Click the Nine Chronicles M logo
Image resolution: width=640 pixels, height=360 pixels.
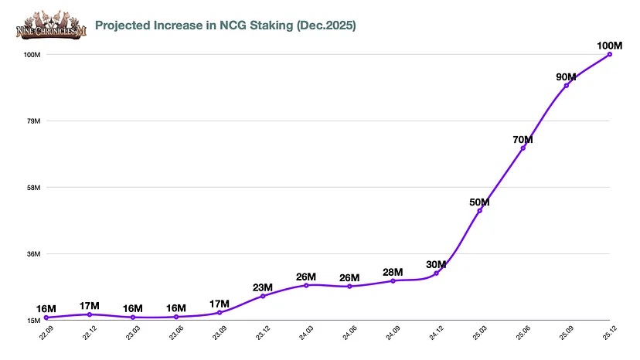coord(51,25)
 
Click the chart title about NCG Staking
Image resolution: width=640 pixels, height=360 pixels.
coord(225,25)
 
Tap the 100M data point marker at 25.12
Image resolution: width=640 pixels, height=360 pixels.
coord(610,54)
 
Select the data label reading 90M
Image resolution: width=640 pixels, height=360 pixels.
coord(566,76)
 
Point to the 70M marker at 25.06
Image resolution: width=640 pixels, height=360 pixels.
coord(523,148)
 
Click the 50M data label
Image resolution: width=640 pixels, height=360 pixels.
coord(479,202)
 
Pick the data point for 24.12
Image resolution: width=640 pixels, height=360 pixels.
coord(436,273)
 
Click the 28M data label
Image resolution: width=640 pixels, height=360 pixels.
coord(393,272)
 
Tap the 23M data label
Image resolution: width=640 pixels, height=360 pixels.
coord(263,287)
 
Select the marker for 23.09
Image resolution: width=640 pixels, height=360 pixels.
coord(220,313)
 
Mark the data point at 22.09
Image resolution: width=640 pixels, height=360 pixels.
coord(46,318)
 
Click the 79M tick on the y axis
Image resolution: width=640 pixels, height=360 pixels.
coord(34,121)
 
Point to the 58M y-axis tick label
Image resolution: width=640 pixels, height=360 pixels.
coord(34,188)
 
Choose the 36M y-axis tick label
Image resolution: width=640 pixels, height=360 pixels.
coord(34,254)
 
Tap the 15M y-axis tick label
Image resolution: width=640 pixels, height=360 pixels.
coord(34,321)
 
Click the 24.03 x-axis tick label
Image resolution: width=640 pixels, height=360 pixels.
coord(306,333)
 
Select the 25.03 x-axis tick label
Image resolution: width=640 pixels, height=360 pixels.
coord(479,333)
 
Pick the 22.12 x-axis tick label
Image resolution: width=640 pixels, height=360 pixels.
coord(90,333)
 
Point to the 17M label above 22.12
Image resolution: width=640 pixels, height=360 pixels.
coord(90,306)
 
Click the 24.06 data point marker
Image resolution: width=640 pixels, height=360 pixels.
coord(349,287)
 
